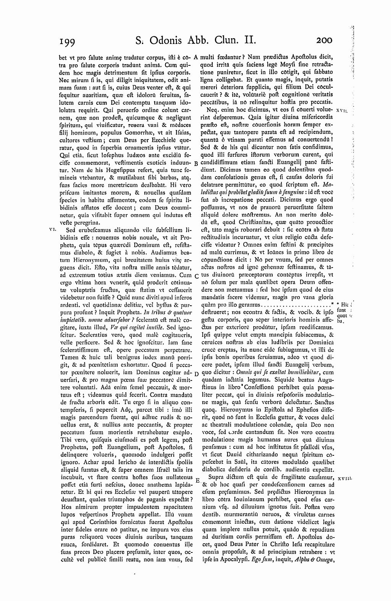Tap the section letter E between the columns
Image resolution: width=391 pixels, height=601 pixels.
[197, 479]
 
